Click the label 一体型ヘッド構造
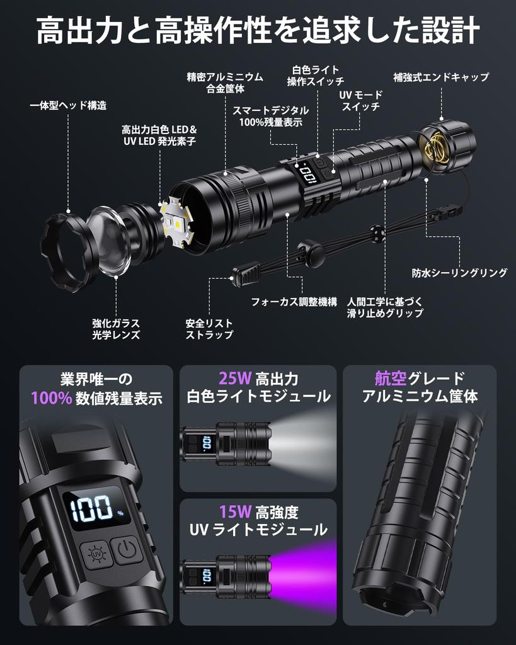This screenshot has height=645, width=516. click(x=68, y=105)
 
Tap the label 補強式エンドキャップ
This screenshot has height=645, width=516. click(x=441, y=77)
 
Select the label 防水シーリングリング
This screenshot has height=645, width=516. click(x=460, y=273)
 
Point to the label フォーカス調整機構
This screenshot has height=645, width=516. click(x=294, y=302)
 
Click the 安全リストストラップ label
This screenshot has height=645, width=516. click(x=209, y=329)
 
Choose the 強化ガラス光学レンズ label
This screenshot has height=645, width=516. click(x=116, y=329)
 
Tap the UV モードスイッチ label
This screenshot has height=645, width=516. click(x=361, y=101)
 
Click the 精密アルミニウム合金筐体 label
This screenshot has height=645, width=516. click(x=225, y=83)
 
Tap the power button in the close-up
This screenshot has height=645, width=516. click(x=127, y=549)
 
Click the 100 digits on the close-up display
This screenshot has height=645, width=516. click(x=92, y=509)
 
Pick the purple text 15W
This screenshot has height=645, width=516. click(x=235, y=511)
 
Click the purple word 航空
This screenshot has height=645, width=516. click(x=391, y=378)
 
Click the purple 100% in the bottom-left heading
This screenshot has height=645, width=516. click(x=52, y=398)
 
